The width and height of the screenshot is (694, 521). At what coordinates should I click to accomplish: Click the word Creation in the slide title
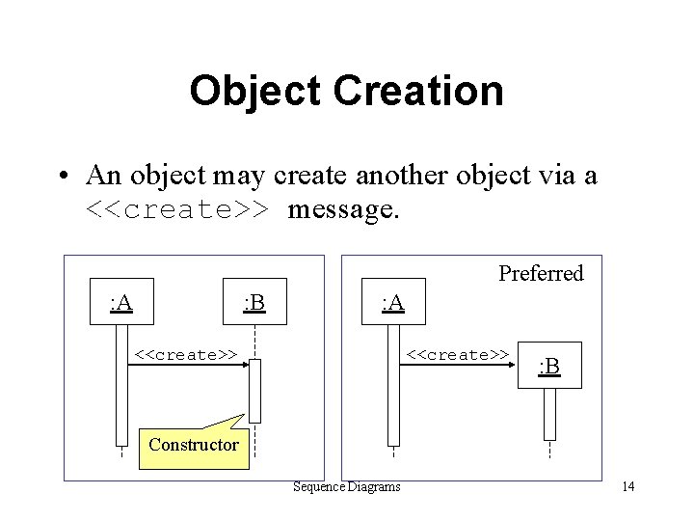[x=417, y=92]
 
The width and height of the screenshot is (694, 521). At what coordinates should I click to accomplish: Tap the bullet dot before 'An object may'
[x=61, y=176]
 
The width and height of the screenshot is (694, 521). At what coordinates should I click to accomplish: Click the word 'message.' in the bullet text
[x=342, y=208]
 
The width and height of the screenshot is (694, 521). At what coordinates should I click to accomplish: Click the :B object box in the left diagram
[x=254, y=303]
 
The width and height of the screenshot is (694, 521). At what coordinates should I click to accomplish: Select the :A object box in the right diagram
[x=393, y=303]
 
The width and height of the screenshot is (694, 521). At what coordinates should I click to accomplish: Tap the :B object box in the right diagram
[x=549, y=366]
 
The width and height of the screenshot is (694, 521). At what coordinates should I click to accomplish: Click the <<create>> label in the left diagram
[x=186, y=354]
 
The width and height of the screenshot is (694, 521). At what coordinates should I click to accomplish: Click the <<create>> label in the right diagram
[x=458, y=354]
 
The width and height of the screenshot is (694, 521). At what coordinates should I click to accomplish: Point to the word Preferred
[x=541, y=273]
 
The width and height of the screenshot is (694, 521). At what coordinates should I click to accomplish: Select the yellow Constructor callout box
[x=194, y=445]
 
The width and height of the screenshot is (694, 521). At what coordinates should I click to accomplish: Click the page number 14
[x=627, y=486]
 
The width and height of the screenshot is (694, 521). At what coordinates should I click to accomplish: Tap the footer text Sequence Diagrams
[x=347, y=486]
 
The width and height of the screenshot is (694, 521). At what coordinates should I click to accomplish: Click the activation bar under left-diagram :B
[x=254, y=391]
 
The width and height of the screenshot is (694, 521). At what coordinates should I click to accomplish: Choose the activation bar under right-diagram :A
[x=393, y=386]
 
